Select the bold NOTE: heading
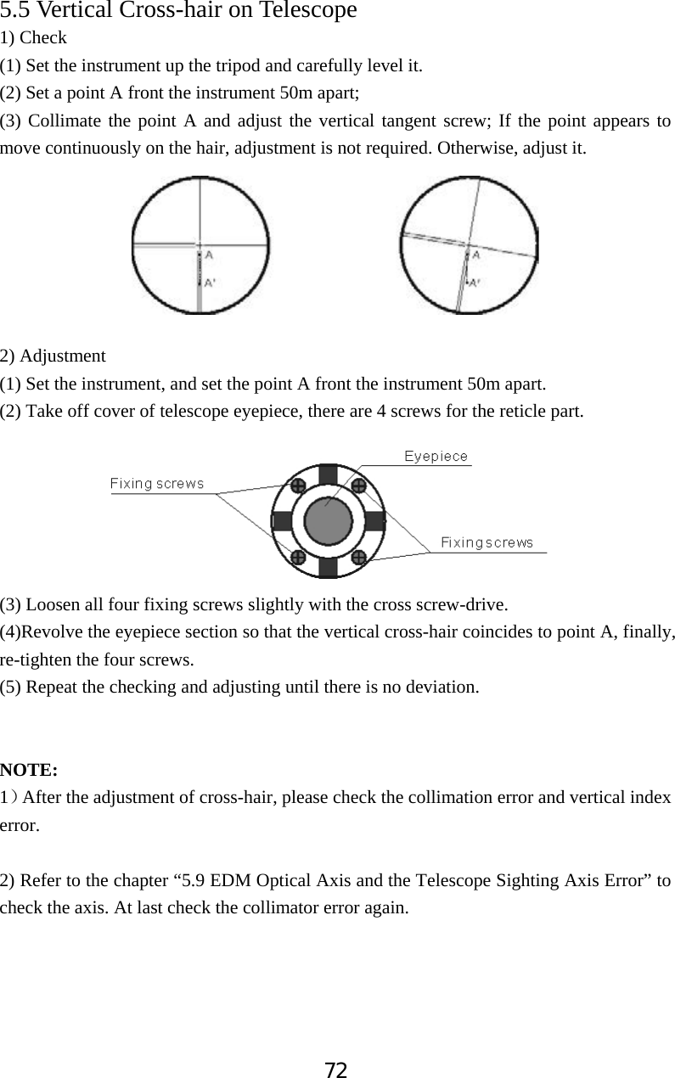(29, 771)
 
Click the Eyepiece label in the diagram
(436, 457)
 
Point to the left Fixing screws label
(157, 484)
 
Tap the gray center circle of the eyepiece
(328, 521)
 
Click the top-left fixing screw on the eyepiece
(298, 486)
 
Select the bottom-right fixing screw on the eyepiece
(358, 557)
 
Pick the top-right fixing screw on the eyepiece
(358, 486)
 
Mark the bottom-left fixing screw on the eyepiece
(298, 557)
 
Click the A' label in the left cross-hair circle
(209, 284)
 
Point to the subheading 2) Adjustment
(53, 356)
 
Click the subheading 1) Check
(33, 37)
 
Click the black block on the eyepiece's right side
(374, 521)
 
